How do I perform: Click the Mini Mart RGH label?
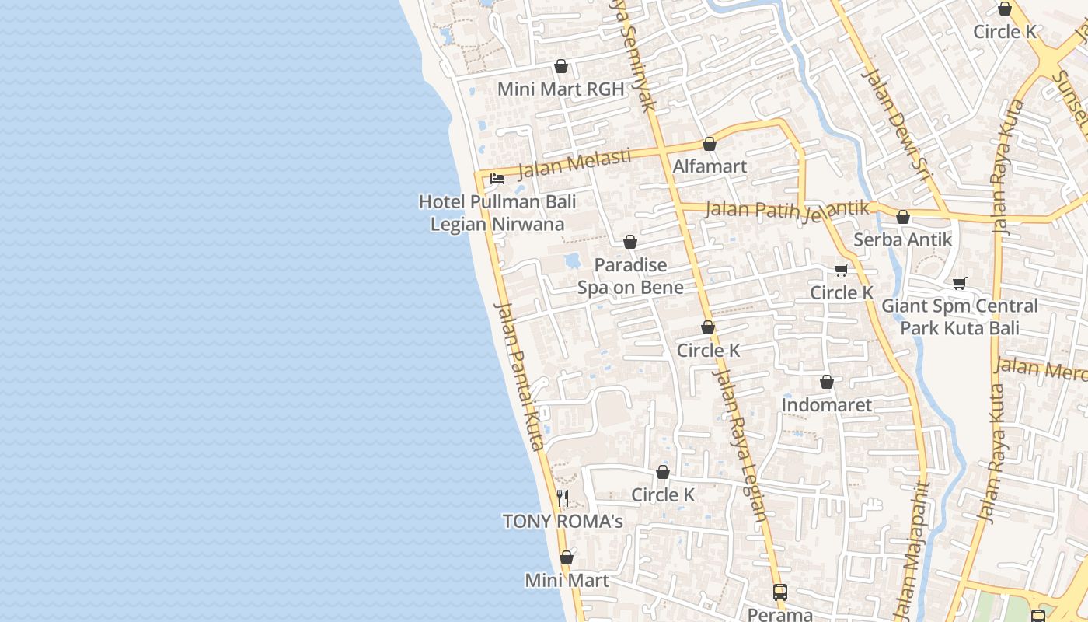point(560,89)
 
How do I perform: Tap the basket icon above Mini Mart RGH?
point(560,67)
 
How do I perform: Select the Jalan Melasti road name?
point(574,163)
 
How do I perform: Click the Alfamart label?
point(709,166)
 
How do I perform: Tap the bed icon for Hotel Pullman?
point(497,179)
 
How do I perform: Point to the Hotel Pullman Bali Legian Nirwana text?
point(497,213)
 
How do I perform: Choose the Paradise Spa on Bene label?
point(630,276)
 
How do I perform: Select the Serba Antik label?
point(902,239)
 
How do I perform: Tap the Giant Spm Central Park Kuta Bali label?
point(959,316)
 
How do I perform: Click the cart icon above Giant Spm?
point(960,283)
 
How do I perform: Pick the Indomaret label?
point(826,404)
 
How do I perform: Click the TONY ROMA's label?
point(563,521)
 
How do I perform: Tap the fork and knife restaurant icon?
point(563,498)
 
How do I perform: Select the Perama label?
point(779,613)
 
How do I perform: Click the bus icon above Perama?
point(780,592)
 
